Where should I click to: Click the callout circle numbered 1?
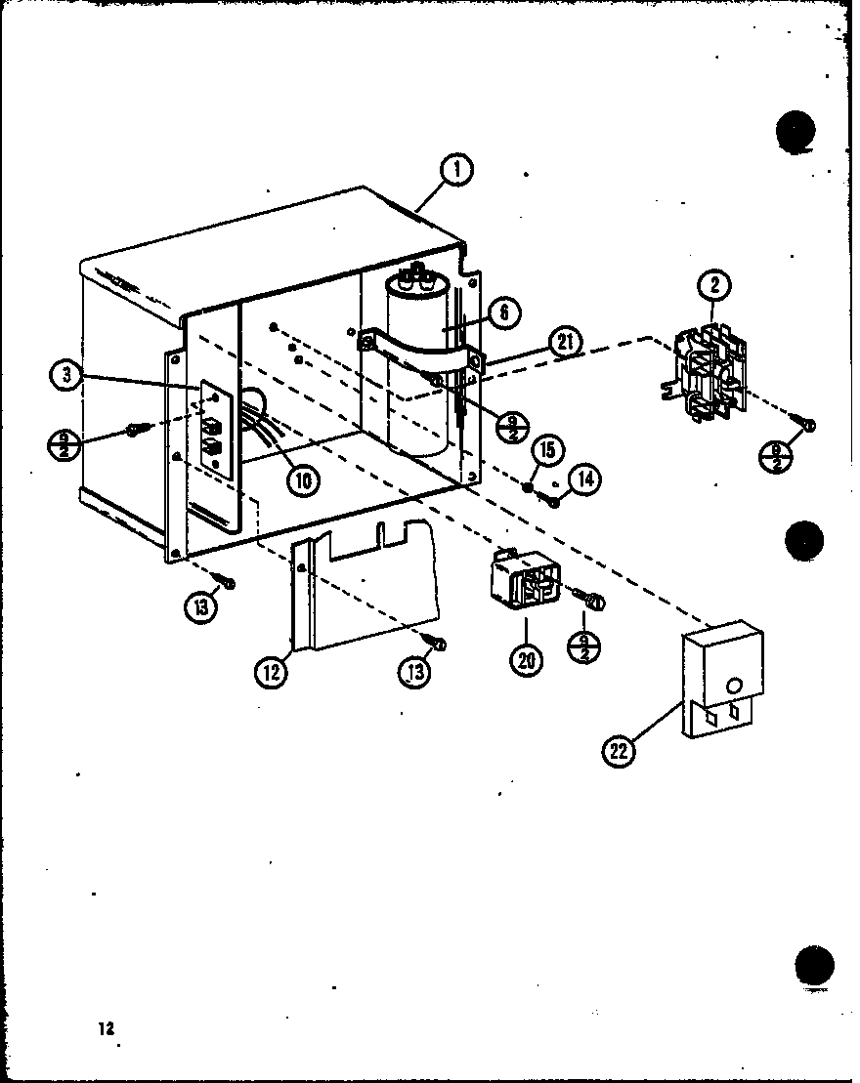click(x=455, y=171)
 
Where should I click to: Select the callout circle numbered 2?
click(x=715, y=286)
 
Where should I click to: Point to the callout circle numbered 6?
click(x=503, y=312)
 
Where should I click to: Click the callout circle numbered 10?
click(x=304, y=479)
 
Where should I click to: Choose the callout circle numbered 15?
click(x=547, y=450)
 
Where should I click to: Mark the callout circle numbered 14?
click(x=586, y=479)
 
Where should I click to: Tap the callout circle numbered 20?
click(x=526, y=659)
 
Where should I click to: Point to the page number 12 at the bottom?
click(x=106, y=1028)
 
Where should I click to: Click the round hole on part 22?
click(x=735, y=686)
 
